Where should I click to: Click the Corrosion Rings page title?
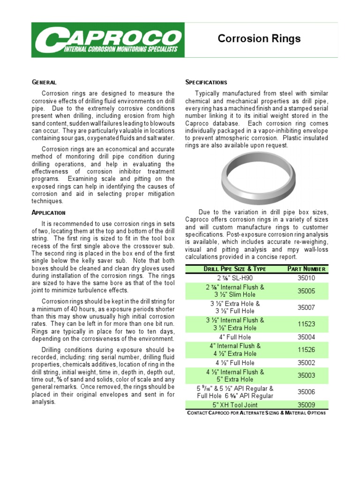259,39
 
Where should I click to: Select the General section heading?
44,82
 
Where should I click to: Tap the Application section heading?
48,212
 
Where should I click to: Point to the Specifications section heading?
206,82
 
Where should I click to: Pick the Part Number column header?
306,269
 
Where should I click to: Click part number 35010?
306,277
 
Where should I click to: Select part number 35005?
306,291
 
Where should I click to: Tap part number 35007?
306,307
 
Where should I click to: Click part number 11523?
306,323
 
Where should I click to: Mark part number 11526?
306,349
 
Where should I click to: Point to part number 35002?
306,363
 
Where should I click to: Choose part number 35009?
306,405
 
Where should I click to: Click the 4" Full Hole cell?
235,337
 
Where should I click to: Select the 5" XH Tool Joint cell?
235,405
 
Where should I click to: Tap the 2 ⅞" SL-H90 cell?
235,277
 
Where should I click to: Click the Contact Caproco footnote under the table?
256,412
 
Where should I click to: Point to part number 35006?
306,392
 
